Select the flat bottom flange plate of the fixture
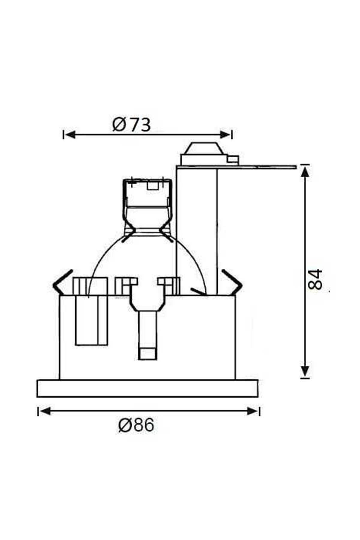pos(147,388)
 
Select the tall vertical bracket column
pos(196,228)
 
